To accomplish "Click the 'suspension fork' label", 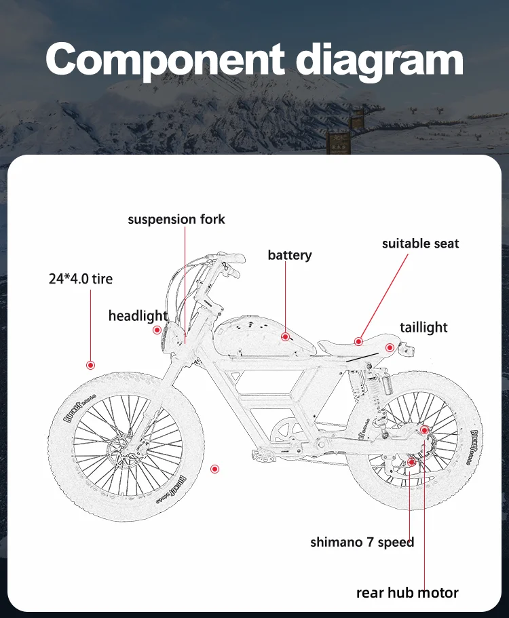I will point(176,219).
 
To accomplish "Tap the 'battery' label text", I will point(290,255).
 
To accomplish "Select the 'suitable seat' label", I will point(420,243).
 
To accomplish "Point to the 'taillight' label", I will point(423,327).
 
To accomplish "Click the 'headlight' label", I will point(138,315).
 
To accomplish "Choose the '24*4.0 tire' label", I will point(81,278).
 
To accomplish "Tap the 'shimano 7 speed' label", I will point(362,541).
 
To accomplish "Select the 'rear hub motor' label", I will point(407,592).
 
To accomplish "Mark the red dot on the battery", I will point(286,336).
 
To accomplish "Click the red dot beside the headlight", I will point(157,330).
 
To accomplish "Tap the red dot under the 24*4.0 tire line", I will point(90,365).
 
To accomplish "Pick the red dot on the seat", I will point(358,341).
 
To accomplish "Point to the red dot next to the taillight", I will point(390,347).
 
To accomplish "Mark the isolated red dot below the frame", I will point(215,468).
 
